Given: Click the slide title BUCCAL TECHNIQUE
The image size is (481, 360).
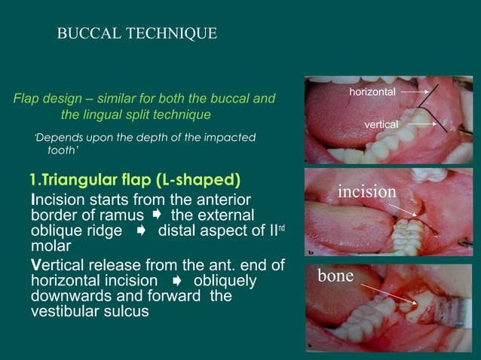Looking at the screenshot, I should click(137, 34).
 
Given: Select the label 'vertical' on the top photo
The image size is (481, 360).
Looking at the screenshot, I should click(381, 123).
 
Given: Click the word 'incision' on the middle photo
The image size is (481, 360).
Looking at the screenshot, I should click(366, 192).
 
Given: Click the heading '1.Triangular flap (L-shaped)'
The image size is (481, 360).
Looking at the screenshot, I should click(135, 181).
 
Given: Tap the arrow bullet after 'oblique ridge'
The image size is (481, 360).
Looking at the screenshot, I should click(140, 231).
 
